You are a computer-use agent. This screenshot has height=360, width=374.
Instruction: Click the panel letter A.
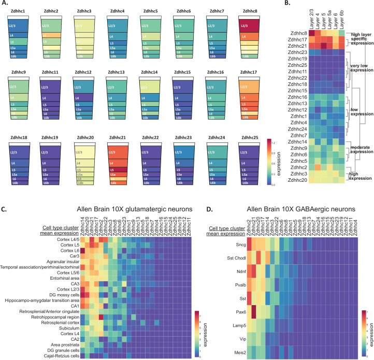coord(5,3)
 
